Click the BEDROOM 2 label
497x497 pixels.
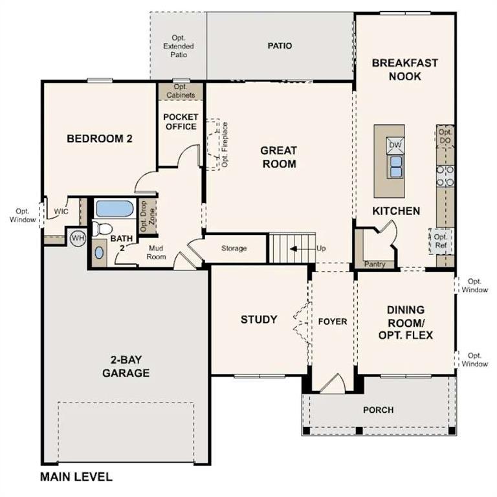(100, 138)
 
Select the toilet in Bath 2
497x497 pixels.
(101, 228)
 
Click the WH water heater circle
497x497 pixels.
(78, 237)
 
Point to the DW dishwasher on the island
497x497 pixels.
(395, 144)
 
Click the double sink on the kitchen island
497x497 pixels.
(395, 166)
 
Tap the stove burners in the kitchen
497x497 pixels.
(445, 175)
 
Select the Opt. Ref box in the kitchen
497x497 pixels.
(441, 241)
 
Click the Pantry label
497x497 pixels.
(375, 264)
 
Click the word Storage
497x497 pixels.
(234, 248)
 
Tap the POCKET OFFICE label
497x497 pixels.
(181, 122)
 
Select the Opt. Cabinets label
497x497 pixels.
(181, 91)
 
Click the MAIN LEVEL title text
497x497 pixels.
(76, 478)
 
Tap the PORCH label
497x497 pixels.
(378, 410)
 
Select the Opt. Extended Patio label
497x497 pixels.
(178, 47)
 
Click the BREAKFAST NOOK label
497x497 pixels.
(405, 69)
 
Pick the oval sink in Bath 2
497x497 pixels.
(98, 252)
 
